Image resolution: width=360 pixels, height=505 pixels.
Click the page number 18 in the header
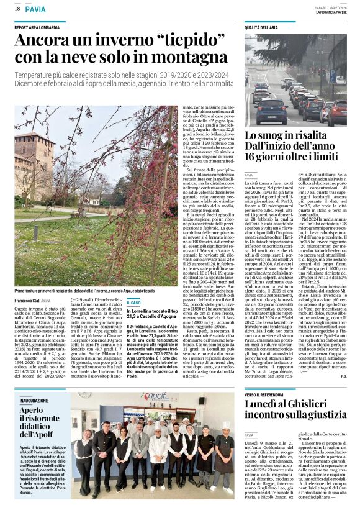pyautogui.click(x=18, y=9)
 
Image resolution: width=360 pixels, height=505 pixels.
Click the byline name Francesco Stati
pyautogui.click(x=27, y=300)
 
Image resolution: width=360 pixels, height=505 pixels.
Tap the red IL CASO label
pyautogui.click(x=133, y=303)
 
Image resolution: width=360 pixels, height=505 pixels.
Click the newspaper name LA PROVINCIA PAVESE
pyautogui.click(x=330, y=12)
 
